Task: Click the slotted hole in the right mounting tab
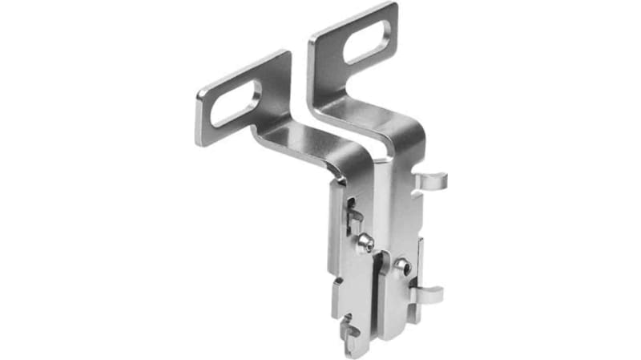point(367,41)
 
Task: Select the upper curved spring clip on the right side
point(431,182)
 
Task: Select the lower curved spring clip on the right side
point(428,294)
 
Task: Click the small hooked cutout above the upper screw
point(353,218)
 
